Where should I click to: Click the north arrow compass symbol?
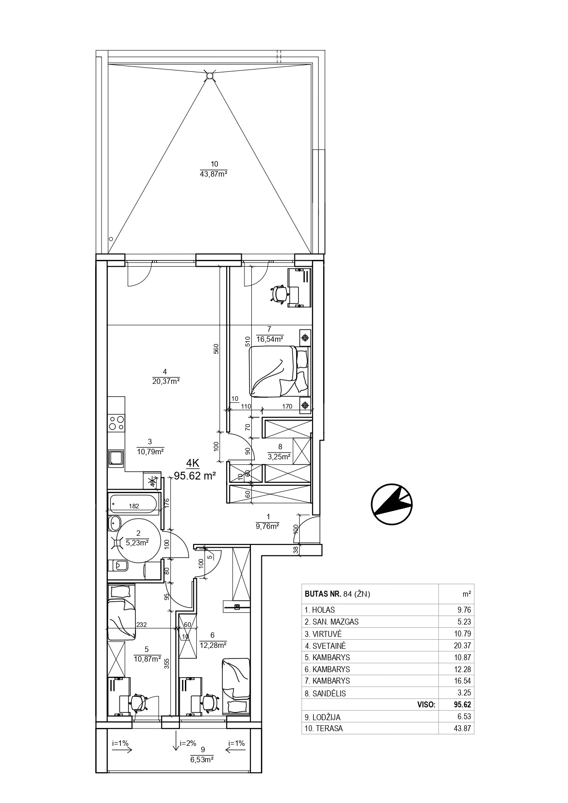(391, 503)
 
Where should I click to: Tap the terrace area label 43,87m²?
(214, 174)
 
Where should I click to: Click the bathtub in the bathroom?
(133, 503)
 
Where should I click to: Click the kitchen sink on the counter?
(116, 457)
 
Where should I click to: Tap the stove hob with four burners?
(116, 422)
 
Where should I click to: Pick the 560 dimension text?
(217, 349)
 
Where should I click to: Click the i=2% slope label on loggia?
(188, 743)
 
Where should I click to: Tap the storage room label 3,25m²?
(280, 457)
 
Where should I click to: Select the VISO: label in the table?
(427, 705)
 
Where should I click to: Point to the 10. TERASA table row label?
(324, 729)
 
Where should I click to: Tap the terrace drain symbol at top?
(209, 75)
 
